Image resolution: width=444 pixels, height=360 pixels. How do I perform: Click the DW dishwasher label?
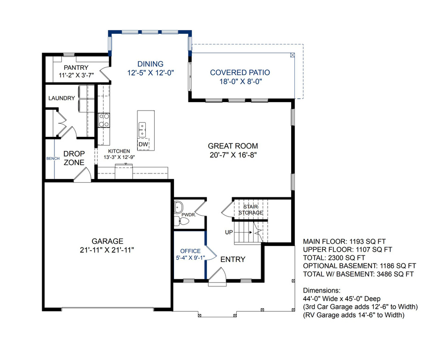coord(143,144)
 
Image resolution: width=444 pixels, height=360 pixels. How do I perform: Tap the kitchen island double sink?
coord(142,129)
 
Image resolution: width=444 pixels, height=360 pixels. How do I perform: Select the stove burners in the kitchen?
coord(104,120)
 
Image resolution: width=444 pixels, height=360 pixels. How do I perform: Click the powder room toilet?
coord(181,221)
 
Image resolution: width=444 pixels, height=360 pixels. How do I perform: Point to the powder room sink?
coord(178,208)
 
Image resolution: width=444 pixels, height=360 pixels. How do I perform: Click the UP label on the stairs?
coord(229,232)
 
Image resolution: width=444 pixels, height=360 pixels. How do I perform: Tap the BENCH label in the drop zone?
coord(53,158)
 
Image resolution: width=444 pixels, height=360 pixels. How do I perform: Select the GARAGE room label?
coord(107,241)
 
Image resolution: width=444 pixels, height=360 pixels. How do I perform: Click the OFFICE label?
coord(190,251)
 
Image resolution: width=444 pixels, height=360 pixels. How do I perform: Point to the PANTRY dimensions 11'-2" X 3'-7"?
coord(76,75)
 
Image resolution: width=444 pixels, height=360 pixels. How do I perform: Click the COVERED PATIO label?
coord(240,73)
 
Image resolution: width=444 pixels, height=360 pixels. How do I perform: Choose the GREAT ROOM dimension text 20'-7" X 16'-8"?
coord(233,155)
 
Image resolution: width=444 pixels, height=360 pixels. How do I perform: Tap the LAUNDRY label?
coord(62,98)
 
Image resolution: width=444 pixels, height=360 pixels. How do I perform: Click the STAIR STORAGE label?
coord(250,210)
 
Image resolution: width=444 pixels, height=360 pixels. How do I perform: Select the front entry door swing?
coord(218,274)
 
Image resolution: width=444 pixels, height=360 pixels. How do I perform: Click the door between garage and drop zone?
coord(83,175)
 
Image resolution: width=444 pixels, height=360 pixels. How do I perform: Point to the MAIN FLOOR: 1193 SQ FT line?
coord(344,242)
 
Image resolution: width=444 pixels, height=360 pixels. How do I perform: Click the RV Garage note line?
coord(354,315)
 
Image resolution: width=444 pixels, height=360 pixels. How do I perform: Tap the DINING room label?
coord(151,64)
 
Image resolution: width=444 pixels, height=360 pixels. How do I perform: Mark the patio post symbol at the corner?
coord(293,55)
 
